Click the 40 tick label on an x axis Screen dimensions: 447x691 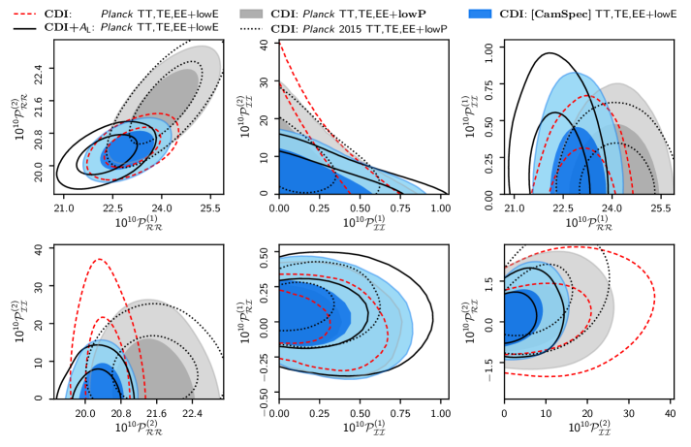671,413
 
